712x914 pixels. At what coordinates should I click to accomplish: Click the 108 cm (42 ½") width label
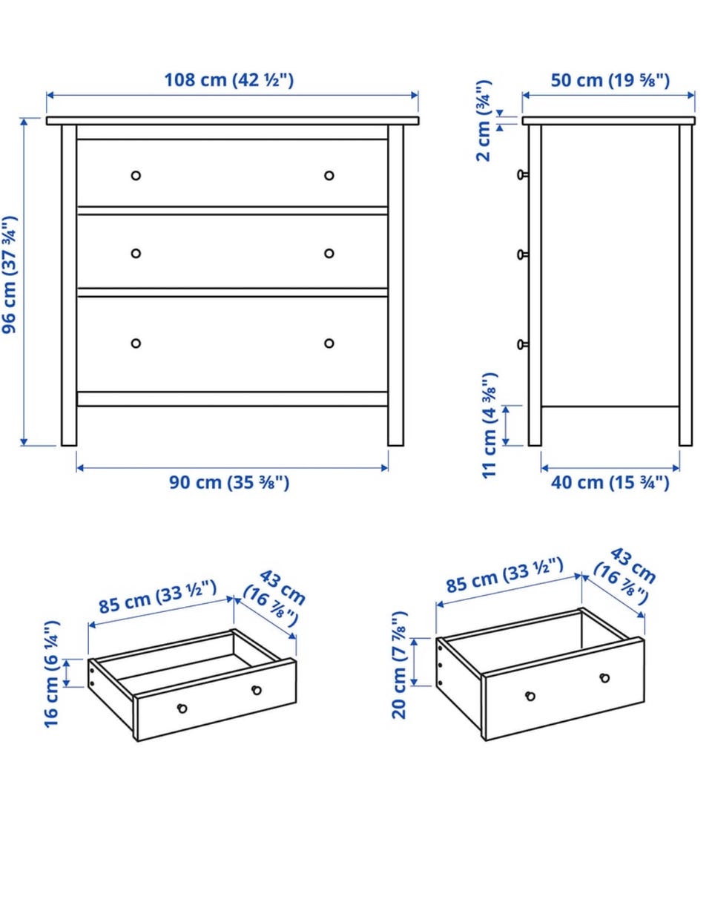point(228,80)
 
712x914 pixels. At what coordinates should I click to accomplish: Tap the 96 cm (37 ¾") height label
point(10,275)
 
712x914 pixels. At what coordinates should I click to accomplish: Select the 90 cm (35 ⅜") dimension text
point(229,482)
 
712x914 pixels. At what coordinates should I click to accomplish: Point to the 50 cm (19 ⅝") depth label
point(610,80)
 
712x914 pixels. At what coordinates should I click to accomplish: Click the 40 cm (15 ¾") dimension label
point(610,482)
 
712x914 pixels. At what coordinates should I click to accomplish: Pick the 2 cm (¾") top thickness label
point(484,121)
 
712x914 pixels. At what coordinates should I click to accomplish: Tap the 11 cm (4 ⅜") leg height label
point(490,425)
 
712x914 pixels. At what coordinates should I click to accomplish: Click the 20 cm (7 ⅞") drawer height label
point(399,665)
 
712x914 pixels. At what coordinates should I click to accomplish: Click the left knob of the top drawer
point(136,175)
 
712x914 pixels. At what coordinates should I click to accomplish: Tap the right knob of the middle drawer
point(329,253)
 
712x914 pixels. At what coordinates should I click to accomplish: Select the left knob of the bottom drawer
point(136,343)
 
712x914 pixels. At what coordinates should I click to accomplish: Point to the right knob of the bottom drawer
point(329,343)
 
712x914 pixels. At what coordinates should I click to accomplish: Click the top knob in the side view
point(522,174)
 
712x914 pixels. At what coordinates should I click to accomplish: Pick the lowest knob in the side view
point(522,345)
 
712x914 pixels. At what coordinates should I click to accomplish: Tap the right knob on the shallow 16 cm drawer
point(257,690)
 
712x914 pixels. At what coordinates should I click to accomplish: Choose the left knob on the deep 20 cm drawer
point(530,696)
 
